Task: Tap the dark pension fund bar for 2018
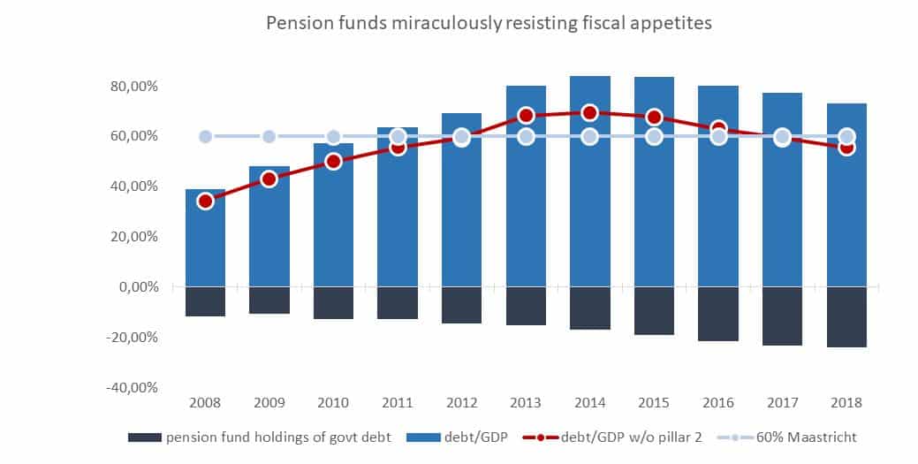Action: click(846, 316)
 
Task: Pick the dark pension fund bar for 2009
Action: click(269, 300)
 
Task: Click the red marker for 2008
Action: click(205, 201)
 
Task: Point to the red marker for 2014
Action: click(589, 112)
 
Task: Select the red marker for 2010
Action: click(333, 161)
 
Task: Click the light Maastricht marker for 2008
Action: click(205, 136)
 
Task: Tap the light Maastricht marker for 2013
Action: click(526, 136)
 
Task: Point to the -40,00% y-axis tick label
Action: click(133, 387)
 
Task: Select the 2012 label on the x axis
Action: click(461, 402)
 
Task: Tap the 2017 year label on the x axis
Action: click(782, 402)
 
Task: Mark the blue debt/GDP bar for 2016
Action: click(717, 212)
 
